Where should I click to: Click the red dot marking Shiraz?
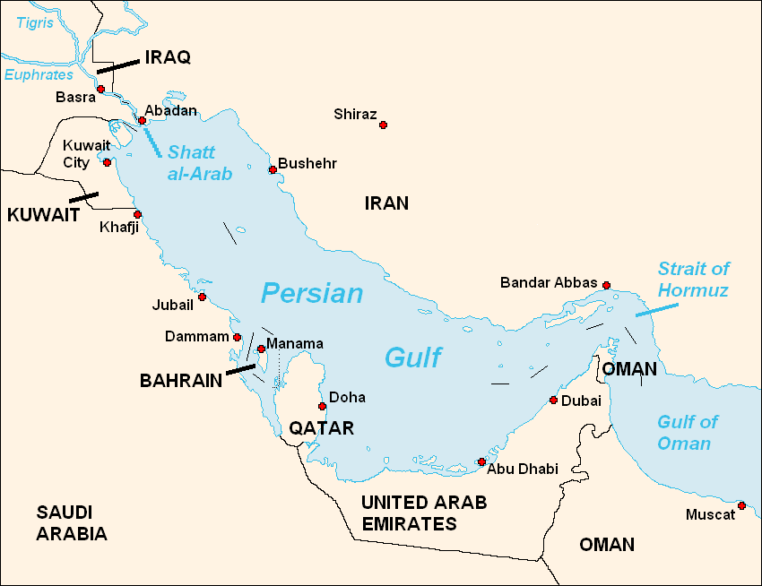click(x=383, y=125)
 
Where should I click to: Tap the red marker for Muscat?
click(x=741, y=506)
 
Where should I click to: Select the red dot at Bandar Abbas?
click(x=606, y=285)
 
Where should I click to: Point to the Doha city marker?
click(x=322, y=406)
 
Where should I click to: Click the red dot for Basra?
click(x=101, y=89)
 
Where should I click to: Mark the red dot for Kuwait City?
click(x=107, y=162)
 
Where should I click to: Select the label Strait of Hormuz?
click(x=692, y=279)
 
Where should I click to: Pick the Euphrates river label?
click(x=39, y=75)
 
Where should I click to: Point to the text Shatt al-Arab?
click(x=199, y=163)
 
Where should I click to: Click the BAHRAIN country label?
click(x=181, y=381)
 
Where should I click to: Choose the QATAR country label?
click(x=321, y=428)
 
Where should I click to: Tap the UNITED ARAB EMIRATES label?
click(x=423, y=513)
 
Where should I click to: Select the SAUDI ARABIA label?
click(x=72, y=523)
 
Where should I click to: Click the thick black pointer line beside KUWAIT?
click(x=84, y=196)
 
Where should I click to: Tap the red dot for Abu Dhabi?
click(x=481, y=461)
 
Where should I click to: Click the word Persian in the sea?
click(x=312, y=293)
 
